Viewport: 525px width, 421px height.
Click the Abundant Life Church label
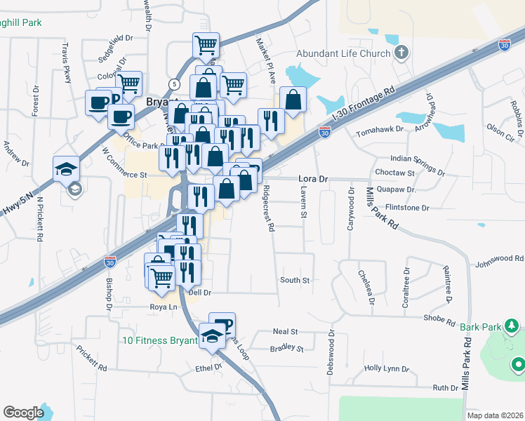click(343, 53)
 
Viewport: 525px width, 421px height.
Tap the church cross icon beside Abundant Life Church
click(401, 53)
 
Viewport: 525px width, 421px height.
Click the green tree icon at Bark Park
click(512, 326)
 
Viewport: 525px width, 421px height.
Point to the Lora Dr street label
click(313, 179)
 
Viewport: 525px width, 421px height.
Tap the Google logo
click(23, 413)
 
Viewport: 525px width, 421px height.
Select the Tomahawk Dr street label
click(380, 131)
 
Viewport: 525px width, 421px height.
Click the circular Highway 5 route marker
click(174, 83)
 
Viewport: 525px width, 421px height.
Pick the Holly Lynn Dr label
click(386, 368)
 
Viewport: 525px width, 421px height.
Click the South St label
click(295, 280)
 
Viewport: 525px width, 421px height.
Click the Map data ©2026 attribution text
click(495, 415)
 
